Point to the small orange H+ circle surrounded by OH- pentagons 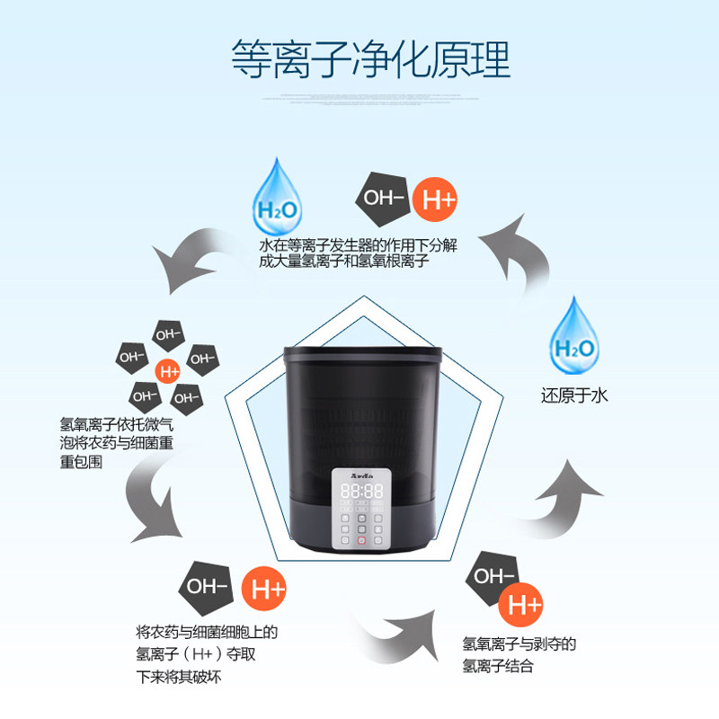tap(168, 369)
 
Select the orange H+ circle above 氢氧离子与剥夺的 tap(525, 605)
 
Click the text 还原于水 tap(574, 395)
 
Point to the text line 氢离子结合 tap(498, 667)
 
